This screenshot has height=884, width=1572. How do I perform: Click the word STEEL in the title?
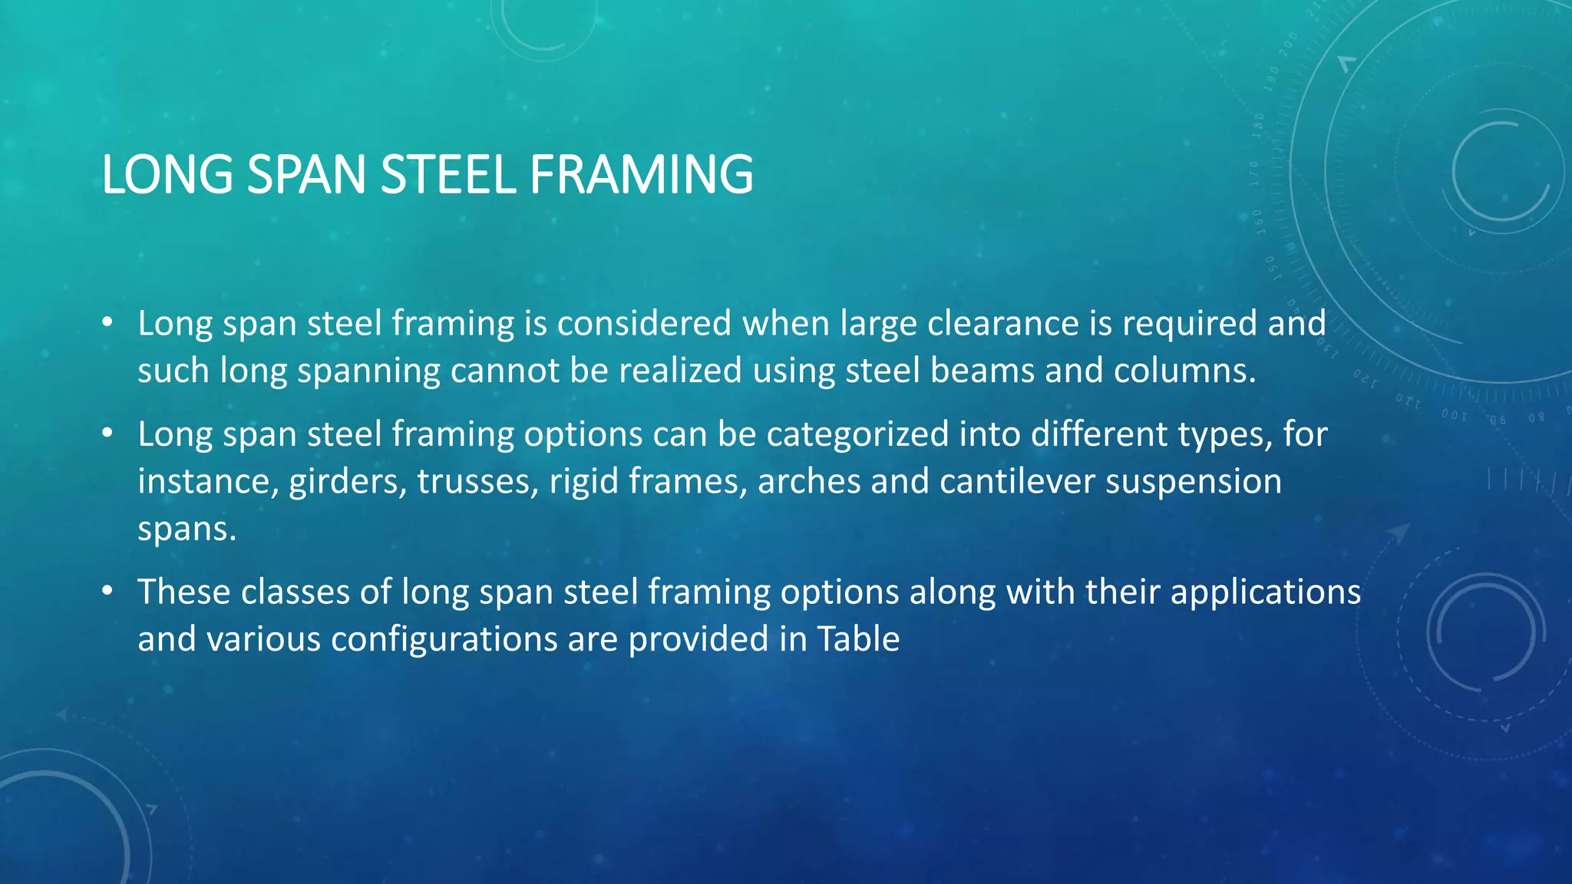coord(447,175)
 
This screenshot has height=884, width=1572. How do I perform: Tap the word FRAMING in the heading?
coord(641,175)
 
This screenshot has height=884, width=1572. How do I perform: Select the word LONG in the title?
coord(167,175)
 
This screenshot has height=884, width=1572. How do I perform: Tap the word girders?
coord(348,482)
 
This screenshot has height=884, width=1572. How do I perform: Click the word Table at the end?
coord(857,639)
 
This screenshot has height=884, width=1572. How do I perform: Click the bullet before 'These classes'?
coord(107,591)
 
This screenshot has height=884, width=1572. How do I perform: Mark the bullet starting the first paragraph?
coord(107,322)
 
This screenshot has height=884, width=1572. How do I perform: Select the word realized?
coord(680,371)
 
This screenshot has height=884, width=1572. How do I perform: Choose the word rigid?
coord(583,482)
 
